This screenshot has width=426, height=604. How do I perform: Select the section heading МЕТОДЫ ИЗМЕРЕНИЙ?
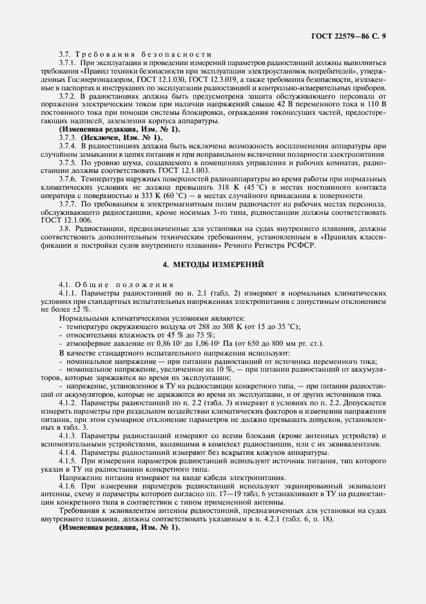pyautogui.click(x=213, y=263)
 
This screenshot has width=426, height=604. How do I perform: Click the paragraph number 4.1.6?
pyautogui.click(x=68, y=485)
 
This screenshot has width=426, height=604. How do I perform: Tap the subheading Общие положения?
pyautogui.click(x=130, y=284)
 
